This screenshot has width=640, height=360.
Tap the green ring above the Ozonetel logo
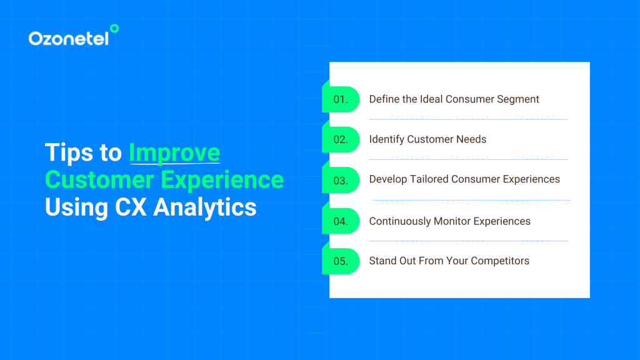coord(114,28)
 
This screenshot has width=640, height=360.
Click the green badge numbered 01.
coord(341,99)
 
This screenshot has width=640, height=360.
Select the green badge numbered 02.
coord(341,139)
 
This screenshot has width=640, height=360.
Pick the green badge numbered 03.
coord(341,180)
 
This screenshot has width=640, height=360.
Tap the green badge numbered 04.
coord(341,221)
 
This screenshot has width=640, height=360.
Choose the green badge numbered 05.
coord(341,261)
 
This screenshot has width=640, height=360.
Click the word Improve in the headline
coord(174,153)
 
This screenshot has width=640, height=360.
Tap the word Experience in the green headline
coord(222,180)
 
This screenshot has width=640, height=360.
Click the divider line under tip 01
coord(468,119)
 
